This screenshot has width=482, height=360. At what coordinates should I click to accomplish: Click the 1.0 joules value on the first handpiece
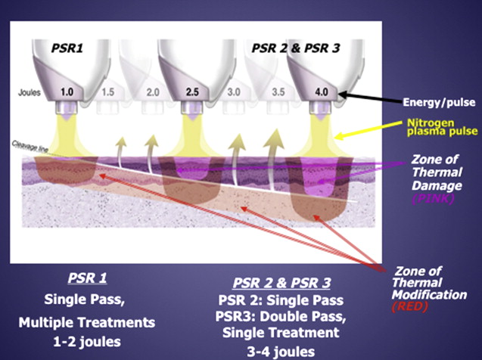(x=66, y=92)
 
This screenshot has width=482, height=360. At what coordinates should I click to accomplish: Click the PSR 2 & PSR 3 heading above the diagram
(x=296, y=48)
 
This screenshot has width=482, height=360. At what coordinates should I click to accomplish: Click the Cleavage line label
(x=24, y=147)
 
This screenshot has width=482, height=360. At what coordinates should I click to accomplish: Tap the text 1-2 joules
(x=87, y=341)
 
